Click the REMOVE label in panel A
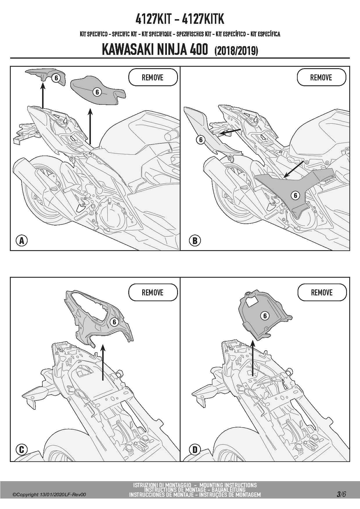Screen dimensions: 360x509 pos(153,77)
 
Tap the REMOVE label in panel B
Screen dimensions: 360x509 pos(321,77)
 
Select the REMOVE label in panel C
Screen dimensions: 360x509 pos(153,292)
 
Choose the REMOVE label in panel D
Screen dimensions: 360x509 pos(322,292)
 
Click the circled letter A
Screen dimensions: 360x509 pos(21,241)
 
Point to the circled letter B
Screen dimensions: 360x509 pos(195,241)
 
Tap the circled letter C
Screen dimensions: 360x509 pos(21,450)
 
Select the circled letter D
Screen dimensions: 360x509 pos(195,450)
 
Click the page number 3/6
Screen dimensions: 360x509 pos(341,494)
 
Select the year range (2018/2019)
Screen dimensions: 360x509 pos(236,50)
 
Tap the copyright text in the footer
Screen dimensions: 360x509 pos(49,494)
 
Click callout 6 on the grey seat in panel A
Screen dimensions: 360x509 pos(97,92)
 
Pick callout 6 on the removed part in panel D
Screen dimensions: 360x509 pos(265,315)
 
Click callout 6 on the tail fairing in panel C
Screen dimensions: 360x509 pos(114,322)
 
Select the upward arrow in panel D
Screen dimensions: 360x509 pos(253,358)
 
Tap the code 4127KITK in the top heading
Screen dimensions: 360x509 pos(203,19)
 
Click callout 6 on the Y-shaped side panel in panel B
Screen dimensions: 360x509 pos(295,195)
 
